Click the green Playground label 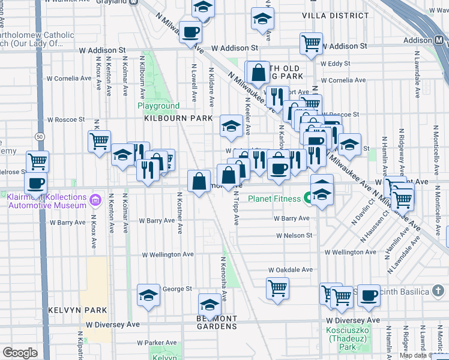point(158,106)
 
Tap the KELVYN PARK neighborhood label point(78,310)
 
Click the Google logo point(20,353)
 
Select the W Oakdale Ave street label point(291,270)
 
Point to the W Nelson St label point(294,236)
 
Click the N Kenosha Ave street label point(222,278)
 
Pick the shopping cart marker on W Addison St point(311,43)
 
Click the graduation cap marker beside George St point(148,295)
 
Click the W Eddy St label point(335,63)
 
